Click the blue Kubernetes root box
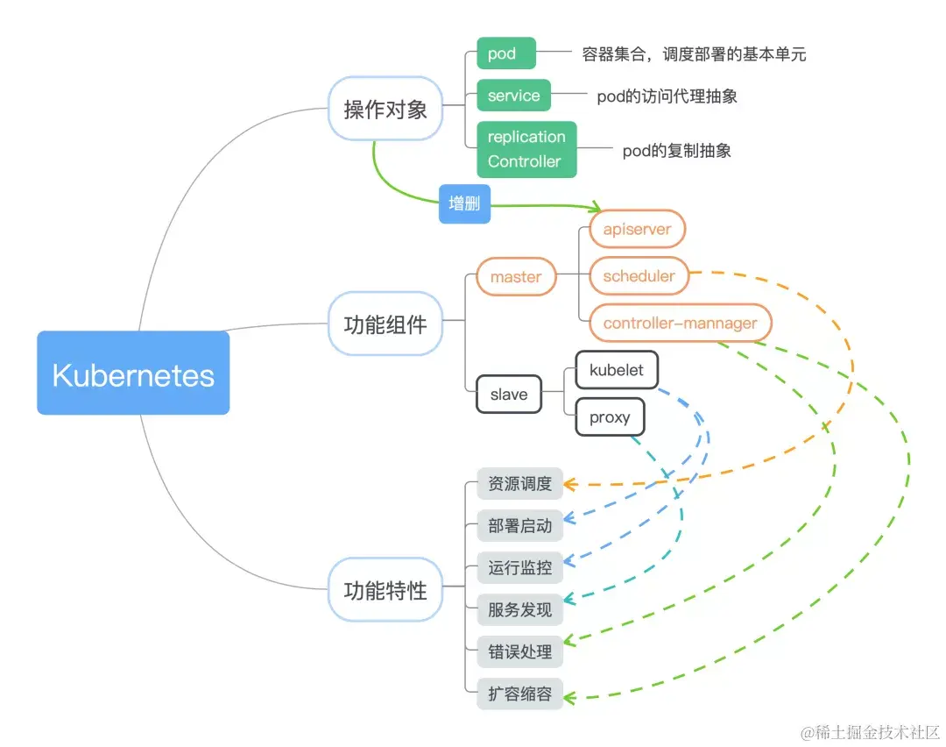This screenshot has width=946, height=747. [x=133, y=373]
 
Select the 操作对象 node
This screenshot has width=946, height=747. [x=385, y=109]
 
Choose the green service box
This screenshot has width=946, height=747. [x=513, y=96]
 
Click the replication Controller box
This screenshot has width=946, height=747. [x=526, y=149]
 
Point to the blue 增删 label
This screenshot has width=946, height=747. [x=464, y=203]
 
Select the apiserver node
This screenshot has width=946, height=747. [x=637, y=229]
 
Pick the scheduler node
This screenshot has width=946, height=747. [x=639, y=276]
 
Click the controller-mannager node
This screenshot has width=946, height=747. [x=680, y=323]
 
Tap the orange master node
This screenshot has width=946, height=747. [x=516, y=276]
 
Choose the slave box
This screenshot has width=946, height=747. [x=509, y=394]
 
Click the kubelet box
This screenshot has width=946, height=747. [x=616, y=370]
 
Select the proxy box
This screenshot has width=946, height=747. [x=610, y=417]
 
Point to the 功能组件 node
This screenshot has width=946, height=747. [x=385, y=324]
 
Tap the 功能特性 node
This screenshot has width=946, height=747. [x=385, y=590]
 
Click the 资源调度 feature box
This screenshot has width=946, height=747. [x=519, y=484]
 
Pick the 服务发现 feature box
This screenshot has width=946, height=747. [x=519, y=609]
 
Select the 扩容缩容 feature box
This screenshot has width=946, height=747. [x=519, y=694]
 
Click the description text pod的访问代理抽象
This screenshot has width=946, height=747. [x=667, y=96]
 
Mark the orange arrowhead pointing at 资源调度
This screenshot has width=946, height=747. [x=569, y=484]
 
